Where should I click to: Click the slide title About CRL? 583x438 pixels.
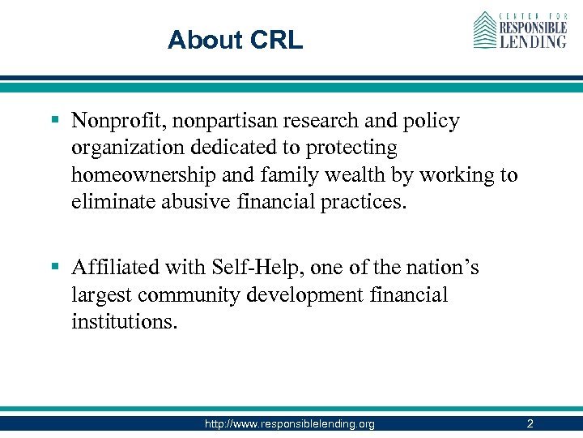235,40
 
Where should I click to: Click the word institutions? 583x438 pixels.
121,321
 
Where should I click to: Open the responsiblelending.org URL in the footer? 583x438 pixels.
291,423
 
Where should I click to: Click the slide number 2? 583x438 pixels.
530,423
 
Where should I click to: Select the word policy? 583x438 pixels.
432,122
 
